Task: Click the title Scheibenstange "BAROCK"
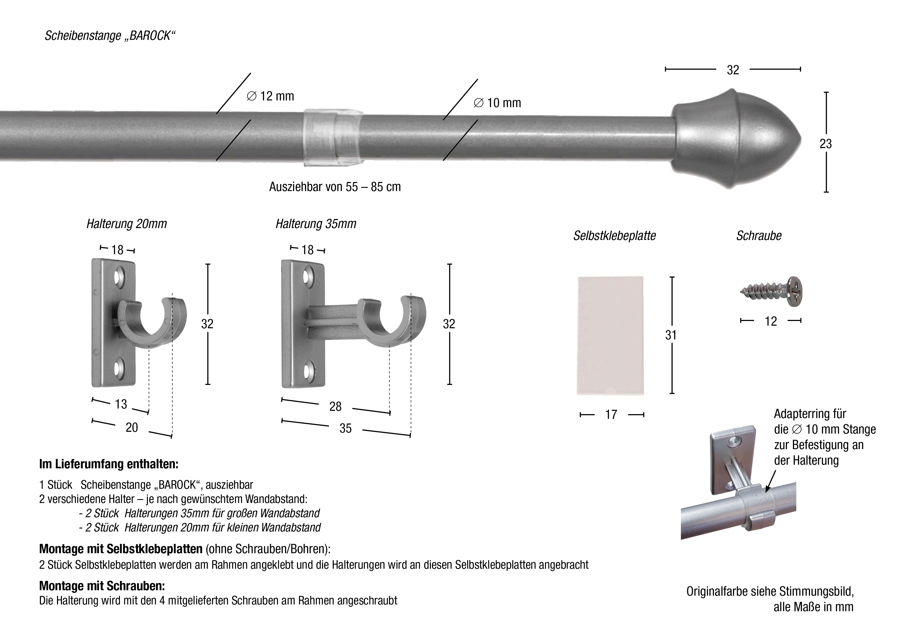point(110,36)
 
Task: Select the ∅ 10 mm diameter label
point(497,103)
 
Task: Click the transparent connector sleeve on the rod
point(333,138)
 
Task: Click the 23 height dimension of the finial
point(826,144)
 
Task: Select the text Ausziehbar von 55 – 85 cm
point(335,187)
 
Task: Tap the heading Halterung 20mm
point(127,224)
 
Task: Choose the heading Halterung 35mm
point(316,224)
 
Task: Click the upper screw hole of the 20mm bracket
point(119,277)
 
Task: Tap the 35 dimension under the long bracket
point(346,428)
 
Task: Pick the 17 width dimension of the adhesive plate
point(611,414)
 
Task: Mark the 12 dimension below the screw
point(771,321)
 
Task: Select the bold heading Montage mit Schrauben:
point(102,586)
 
